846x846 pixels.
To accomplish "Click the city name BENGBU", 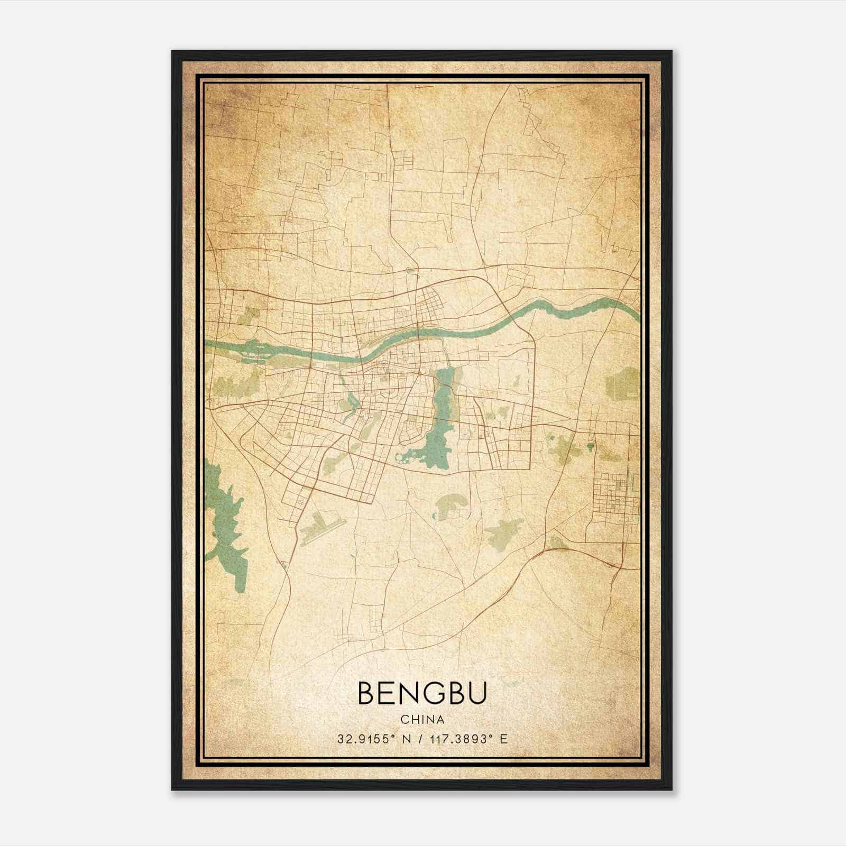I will (422, 693).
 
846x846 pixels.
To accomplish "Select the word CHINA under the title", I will (422, 720).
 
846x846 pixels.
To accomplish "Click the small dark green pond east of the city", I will (590, 447).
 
